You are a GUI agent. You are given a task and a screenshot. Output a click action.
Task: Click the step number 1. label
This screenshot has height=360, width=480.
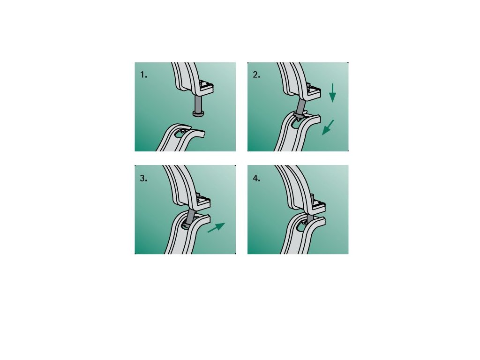[143, 75]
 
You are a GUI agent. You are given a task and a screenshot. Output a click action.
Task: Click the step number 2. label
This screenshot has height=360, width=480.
[256, 75]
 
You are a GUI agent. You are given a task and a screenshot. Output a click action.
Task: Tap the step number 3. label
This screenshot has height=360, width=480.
[143, 178]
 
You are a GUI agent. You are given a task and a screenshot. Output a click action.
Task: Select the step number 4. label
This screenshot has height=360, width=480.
[256, 178]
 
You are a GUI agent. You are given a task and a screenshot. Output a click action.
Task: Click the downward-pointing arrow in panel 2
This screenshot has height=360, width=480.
[332, 93]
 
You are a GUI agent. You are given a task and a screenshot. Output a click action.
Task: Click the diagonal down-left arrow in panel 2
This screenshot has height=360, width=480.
[328, 127]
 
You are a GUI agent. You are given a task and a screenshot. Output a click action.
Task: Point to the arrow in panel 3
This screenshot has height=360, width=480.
[216, 227]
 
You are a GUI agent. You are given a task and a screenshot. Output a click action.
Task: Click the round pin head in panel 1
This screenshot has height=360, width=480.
[198, 114]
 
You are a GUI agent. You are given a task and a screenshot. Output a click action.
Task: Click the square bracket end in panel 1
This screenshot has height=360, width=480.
[206, 87]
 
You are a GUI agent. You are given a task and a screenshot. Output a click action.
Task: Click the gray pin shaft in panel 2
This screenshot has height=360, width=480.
[300, 107]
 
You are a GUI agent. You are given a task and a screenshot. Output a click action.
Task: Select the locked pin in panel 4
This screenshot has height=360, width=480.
[310, 218]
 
